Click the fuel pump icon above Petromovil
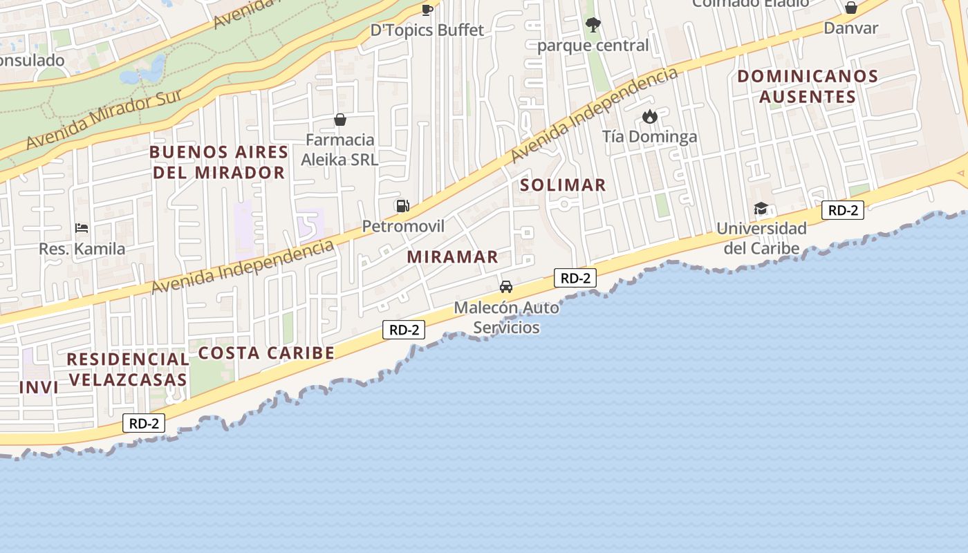pos(402,205)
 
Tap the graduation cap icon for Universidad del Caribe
pos(761,208)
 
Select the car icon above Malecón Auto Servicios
pos(506,286)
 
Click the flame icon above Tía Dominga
pos(649,116)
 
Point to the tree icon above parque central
pos(593,26)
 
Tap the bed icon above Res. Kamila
pos(82,228)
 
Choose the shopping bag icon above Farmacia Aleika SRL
pos(339,120)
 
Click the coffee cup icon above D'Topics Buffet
pos(427,10)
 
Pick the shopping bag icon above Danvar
pos(850,8)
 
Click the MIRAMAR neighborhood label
pos(452,256)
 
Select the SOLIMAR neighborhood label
pos(563,185)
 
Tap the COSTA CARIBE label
pos(266,353)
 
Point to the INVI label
pos(39,387)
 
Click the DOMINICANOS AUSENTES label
pos(808,86)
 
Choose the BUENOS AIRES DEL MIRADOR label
pos(218,162)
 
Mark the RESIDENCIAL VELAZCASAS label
pos(128,369)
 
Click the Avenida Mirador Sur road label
pos(104,120)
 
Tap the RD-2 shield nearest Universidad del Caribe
pos(842,210)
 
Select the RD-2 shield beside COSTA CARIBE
pos(404,330)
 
